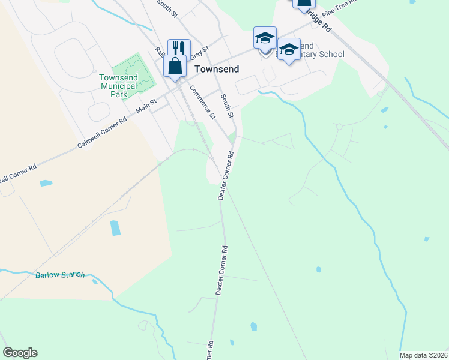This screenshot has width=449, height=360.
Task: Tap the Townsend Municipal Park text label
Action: [118, 86]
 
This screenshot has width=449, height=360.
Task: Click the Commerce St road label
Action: [202, 102]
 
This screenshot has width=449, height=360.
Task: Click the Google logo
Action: [20, 353]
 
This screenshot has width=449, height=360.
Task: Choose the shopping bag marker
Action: [175, 66]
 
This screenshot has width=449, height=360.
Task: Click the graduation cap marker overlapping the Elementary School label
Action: [289, 50]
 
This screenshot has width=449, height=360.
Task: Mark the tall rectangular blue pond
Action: [115, 228]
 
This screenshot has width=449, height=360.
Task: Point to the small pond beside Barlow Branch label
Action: [94, 280]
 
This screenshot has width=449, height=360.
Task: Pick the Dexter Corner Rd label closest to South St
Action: [225, 176]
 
